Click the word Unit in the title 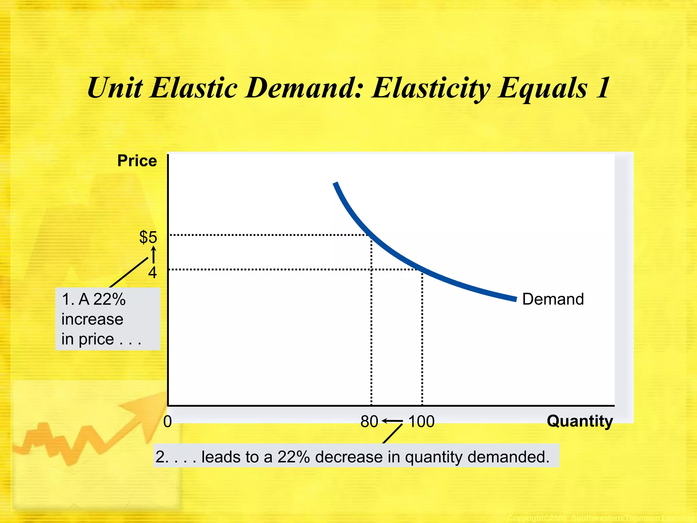tap(115, 88)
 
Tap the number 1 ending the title tap(603, 88)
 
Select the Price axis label tap(137, 161)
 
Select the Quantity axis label tap(580, 421)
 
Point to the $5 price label tap(148, 237)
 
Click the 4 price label tap(152, 273)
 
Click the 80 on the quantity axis tap(369, 422)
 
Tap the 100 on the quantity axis tap(421, 422)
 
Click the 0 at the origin tap(167, 422)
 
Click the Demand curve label tap(553, 299)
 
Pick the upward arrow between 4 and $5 tap(153, 255)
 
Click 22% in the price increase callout tap(109, 299)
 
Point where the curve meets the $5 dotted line tap(370, 235)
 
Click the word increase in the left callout tap(92, 319)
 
